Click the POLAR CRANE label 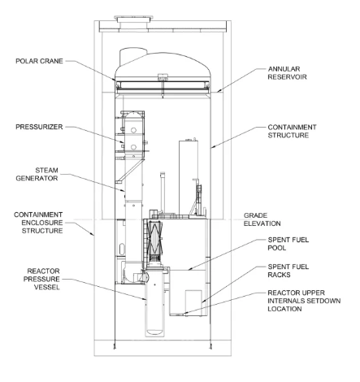pyautogui.click(x=39, y=61)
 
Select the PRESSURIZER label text pyautogui.click(x=39, y=127)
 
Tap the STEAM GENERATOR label pyautogui.click(x=37, y=174)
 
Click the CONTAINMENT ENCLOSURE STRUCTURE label pyautogui.click(x=38, y=223)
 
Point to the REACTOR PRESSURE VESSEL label pyautogui.click(x=41, y=279)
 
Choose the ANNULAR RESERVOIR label pyautogui.click(x=287, y=73)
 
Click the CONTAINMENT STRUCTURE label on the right pyautogui.click(x=292, y=131)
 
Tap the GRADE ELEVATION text pyautogui.click(x=262, y=219)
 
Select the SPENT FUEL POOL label pyautogui.click(x=288, y=244)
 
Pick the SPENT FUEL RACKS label pyautogui.click(x=288, y=271)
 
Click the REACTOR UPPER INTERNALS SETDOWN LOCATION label pyautogui.click(x=304, y=301)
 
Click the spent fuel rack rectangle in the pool pyautogui.click(x=193, y=302)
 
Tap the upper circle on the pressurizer pyautogui.click(x=133, y=130)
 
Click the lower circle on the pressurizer pyautogui.click(x=133, y=147)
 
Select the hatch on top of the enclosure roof pyautogui.click(x=134, y=21)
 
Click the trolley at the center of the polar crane pyautogui.click(x=163, y=77)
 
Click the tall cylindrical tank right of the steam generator pyautogui.click(x=188, y=177)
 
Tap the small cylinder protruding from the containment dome pyautogui.click(x=132, y=56)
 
